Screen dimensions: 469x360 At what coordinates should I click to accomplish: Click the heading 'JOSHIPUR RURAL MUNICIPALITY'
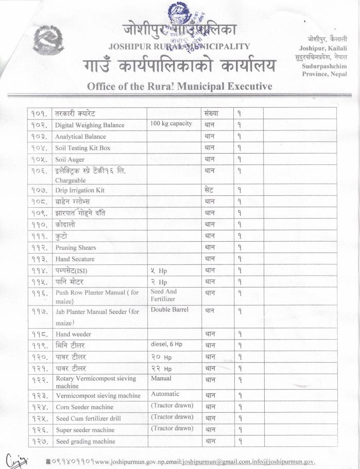[x=179, y=46]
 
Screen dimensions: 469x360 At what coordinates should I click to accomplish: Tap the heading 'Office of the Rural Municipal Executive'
[x=179, y=86]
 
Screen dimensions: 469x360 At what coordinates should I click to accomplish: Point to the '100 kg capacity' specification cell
[x=171, y=124]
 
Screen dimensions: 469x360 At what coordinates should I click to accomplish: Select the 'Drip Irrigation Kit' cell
[x=80, y=190]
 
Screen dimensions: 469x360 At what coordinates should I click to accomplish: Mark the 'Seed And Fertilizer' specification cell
[x=164, y=295]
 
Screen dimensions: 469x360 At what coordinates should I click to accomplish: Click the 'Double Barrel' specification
[x=169, y=310]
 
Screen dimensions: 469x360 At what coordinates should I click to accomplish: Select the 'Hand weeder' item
[x=73, y=334]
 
